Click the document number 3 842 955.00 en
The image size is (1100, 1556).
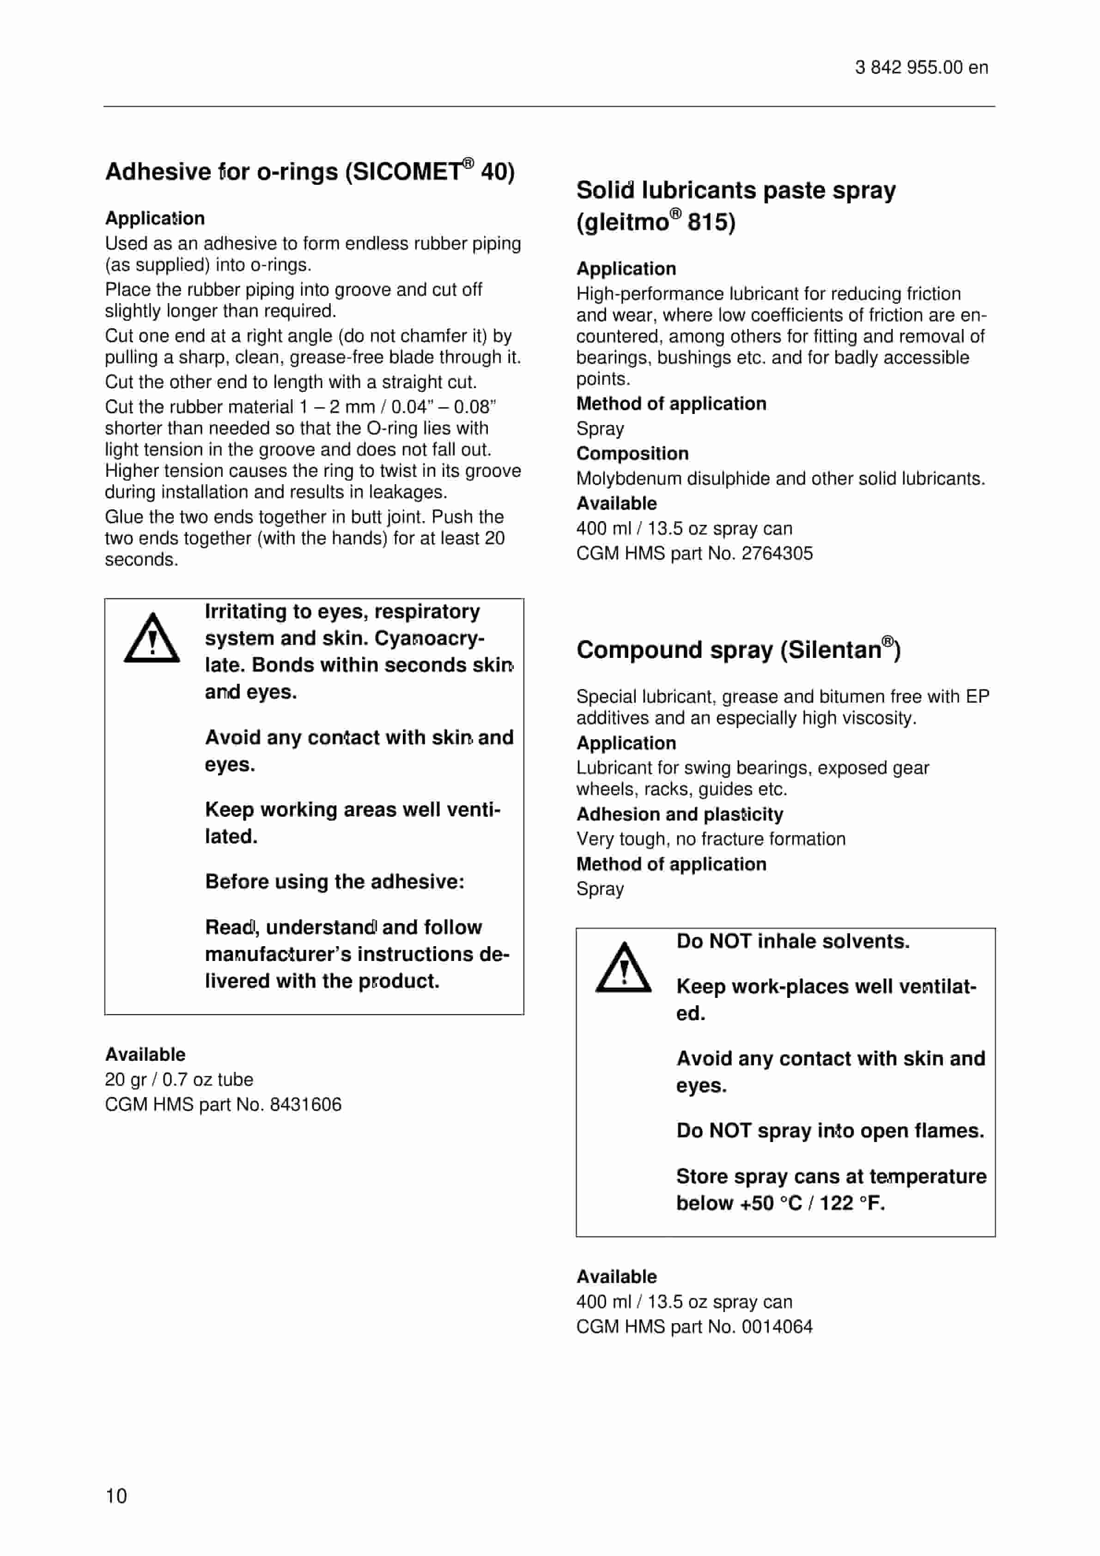pos(921,68)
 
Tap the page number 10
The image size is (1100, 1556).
pos(116,1495)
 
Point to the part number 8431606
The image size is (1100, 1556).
pos(306,1105)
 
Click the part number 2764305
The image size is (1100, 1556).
pos(777,553)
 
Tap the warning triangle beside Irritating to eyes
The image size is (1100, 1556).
pos(152,638)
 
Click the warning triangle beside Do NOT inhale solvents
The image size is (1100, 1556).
pos(623,968)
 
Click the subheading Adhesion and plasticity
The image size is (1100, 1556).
pos(680,814)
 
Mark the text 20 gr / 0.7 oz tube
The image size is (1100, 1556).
pos(179,1080)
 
